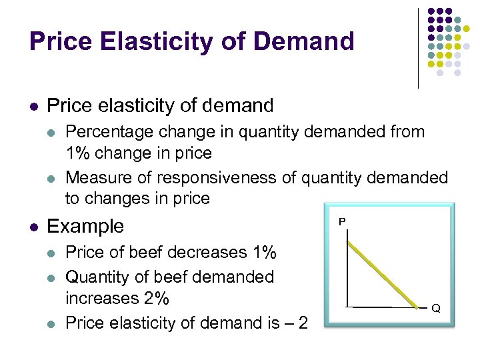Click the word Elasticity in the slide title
[154, 41]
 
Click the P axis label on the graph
[342, 221]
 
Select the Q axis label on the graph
[435, 309]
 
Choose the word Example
[85, 226]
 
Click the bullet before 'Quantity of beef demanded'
[53, 277]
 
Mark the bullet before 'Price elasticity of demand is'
[53, 324]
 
